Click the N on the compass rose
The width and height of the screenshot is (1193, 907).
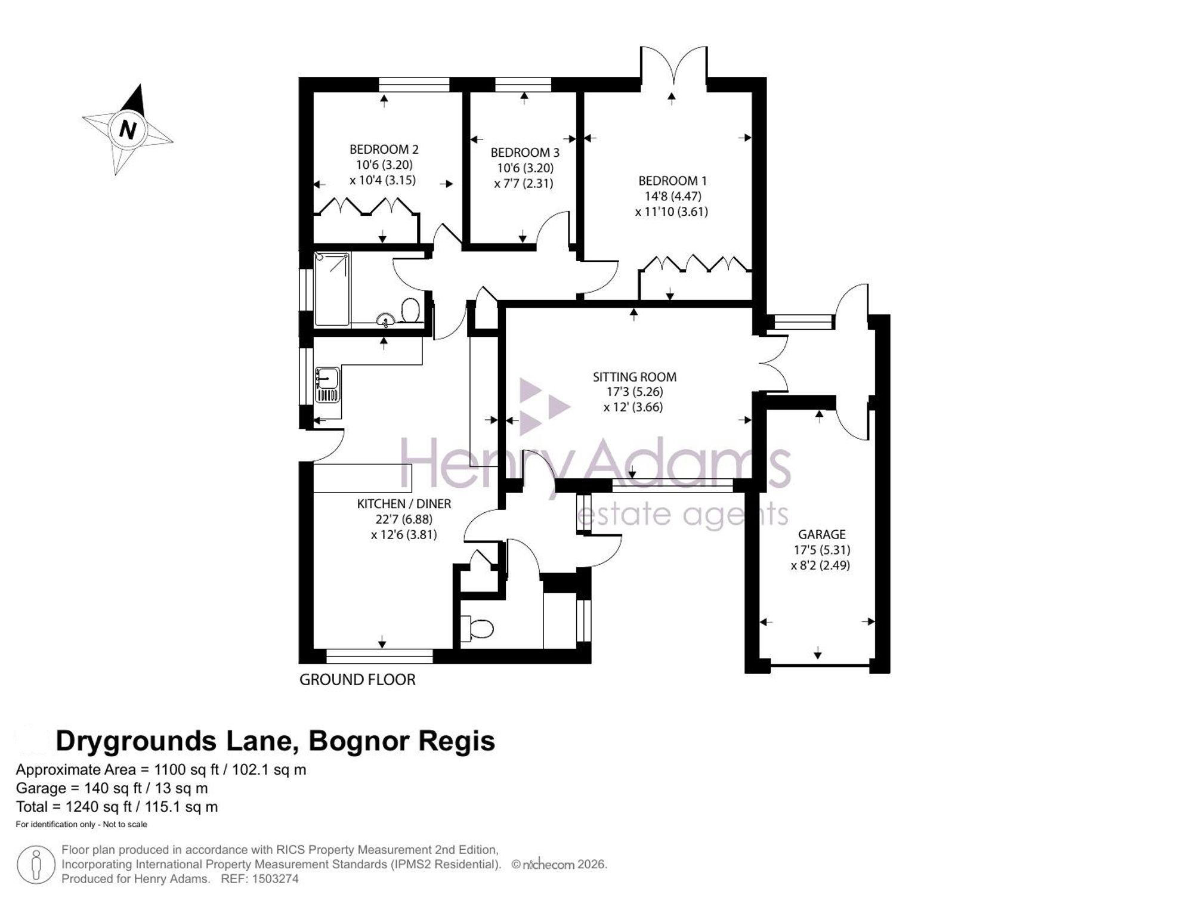pos(128,129)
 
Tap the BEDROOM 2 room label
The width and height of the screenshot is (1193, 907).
pos(384,149)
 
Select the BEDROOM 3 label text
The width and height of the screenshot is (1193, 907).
pos(525,153)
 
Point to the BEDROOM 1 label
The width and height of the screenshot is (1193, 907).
pos(672,181)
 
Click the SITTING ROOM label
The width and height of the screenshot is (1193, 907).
pos(635,377)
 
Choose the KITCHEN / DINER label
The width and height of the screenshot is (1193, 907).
pos(404,504)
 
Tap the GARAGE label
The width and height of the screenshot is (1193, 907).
pos(822,534)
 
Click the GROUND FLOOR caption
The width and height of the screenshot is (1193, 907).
pos(357,680)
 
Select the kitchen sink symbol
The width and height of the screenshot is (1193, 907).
pos(327,385)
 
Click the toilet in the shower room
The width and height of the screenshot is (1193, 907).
pos(410,310)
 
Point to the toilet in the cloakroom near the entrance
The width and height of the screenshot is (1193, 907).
pos(481,629)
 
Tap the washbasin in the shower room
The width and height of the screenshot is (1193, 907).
pos(386,320)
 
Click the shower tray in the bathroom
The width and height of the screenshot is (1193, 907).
pos(332,289)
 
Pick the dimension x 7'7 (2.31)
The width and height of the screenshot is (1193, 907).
pos(524,184)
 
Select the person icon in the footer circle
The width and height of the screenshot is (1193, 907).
pos(36,865)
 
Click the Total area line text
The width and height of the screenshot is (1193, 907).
pos(117,807)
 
